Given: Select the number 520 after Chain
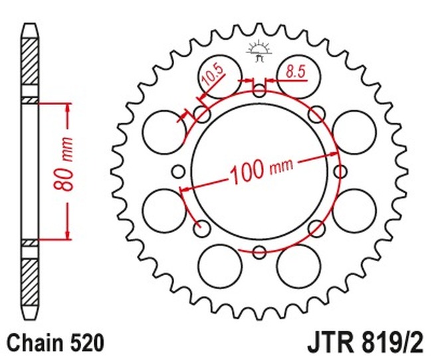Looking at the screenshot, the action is [x=88, y=343].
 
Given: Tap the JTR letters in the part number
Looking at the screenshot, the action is [x=330, y=343].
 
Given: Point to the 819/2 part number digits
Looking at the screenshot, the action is [x=391, y=343].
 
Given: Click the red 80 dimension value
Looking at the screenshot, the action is [x=63, y=179].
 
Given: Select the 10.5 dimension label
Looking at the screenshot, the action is [x=213, y=75].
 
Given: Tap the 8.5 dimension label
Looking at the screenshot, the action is [x=296, y=72].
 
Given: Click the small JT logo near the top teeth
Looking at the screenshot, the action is [x=259, y=51].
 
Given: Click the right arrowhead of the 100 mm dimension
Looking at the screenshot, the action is [x=333, y=155].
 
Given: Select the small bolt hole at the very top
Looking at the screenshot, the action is [x=259, y=90].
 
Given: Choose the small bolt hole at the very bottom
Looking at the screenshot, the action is [x=259, y=252].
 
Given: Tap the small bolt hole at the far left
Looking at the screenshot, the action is [x=178, y=171].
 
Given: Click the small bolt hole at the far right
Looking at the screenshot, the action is [x=340, y=171].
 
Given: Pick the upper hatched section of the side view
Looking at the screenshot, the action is [x=30, y=61].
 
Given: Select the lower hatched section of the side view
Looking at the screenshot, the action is [x=30, y=283].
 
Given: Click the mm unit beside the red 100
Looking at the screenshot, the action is [x=282, y=166].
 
